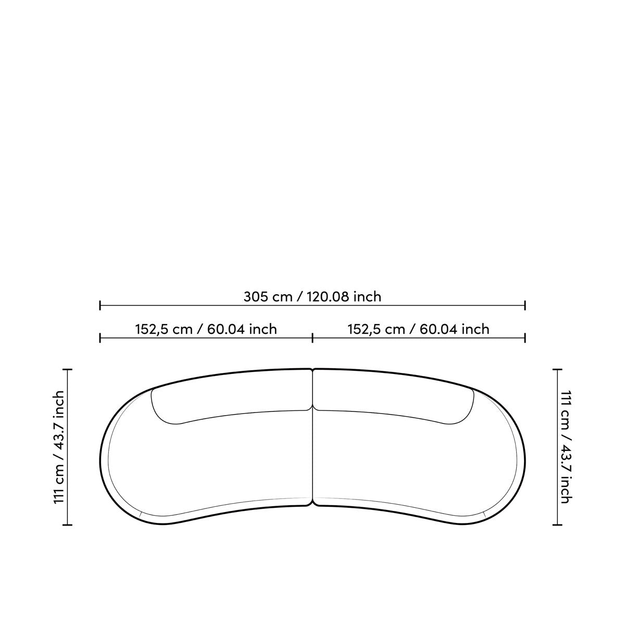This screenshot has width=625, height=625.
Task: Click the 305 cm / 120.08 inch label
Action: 312,297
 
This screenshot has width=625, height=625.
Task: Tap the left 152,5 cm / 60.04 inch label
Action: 206,329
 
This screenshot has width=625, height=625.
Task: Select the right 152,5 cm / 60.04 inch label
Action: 418,329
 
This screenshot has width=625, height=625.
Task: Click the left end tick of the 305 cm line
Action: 100,305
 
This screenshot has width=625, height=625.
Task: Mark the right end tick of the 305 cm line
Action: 525,305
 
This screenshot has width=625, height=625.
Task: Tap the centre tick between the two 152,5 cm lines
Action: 312,338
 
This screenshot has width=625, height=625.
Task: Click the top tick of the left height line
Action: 68,369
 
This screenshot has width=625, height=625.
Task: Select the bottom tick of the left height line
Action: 68,524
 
